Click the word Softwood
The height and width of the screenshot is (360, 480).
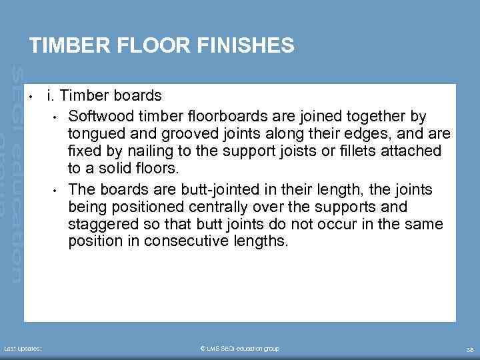(98, 117)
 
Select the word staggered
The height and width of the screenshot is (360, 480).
(99, 225)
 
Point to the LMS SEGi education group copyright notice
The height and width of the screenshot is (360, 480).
(239, 348)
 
